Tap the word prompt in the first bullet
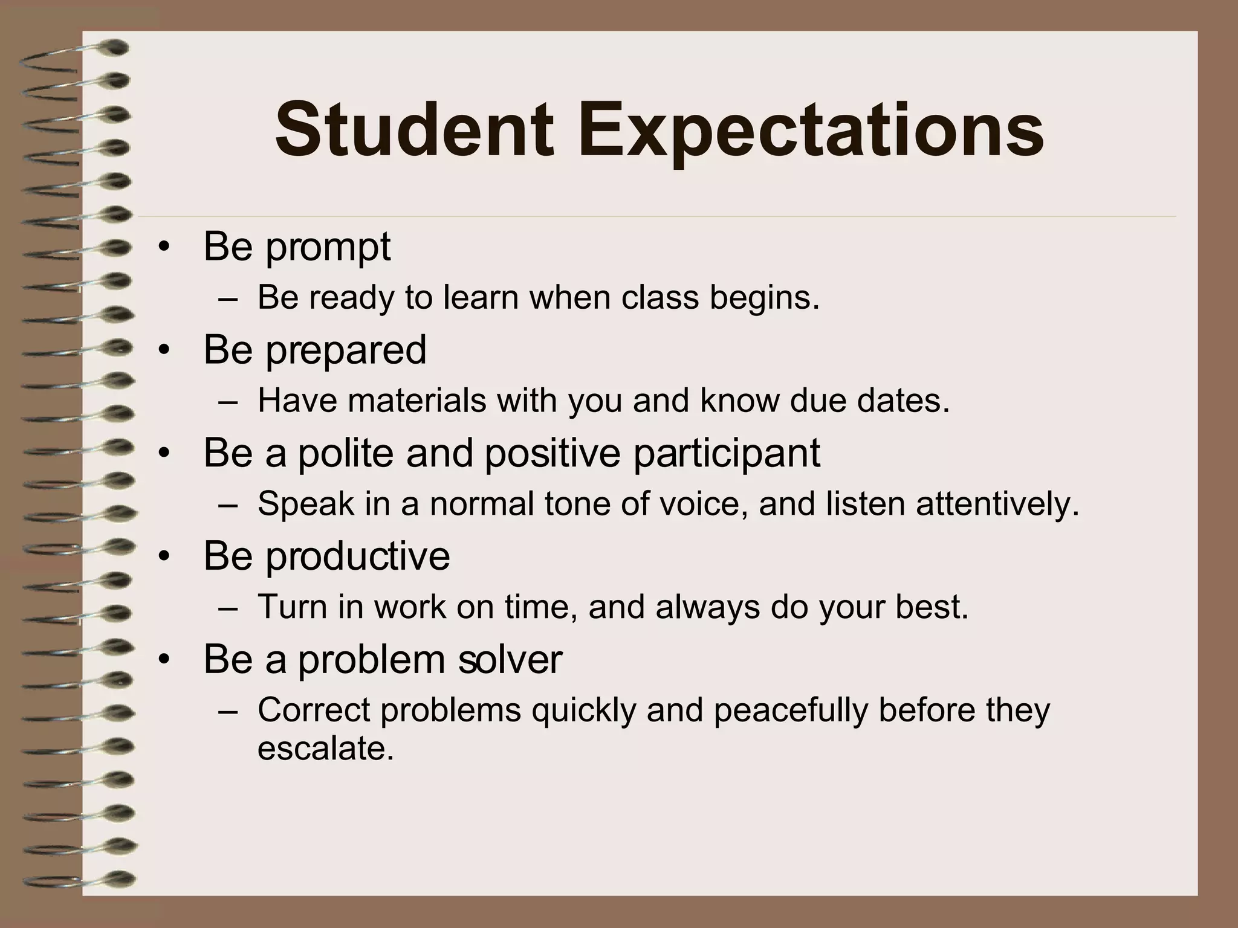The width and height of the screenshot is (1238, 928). [328, 248]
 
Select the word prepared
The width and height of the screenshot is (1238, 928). [346, 350]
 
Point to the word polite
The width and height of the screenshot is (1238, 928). [345, 453]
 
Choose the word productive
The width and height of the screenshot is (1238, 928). [357, 556]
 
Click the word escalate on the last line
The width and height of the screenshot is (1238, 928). [325, 749]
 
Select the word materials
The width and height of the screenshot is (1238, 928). [416, 401]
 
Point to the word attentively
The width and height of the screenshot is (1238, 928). [997, 504]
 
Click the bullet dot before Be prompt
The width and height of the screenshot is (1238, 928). [164, 248]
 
